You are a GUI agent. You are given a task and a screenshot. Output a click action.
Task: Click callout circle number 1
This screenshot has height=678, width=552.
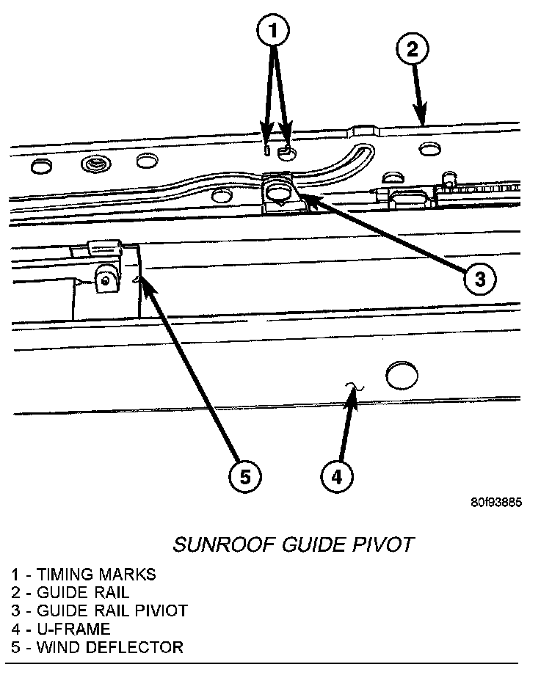click(273, 32)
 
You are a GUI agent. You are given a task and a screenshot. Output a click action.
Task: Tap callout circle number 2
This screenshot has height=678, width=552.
click(412, 50)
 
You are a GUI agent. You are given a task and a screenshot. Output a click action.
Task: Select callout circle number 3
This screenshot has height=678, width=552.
click(479, 278)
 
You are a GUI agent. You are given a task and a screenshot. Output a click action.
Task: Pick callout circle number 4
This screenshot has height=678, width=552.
click(335, 477)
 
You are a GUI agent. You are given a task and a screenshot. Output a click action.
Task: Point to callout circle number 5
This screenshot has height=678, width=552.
click(244, 477)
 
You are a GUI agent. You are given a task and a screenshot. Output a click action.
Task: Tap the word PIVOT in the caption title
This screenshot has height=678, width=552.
click(385, 544)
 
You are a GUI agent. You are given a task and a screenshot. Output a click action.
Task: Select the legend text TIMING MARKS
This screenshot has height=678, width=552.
click(95, 575)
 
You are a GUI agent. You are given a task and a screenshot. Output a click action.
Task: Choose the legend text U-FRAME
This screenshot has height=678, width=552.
click(73, 629)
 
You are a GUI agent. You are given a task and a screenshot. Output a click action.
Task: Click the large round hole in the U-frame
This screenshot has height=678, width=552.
click(400, 375)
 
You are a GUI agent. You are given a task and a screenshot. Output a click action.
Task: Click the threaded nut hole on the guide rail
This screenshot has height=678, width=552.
click(94, 163)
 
